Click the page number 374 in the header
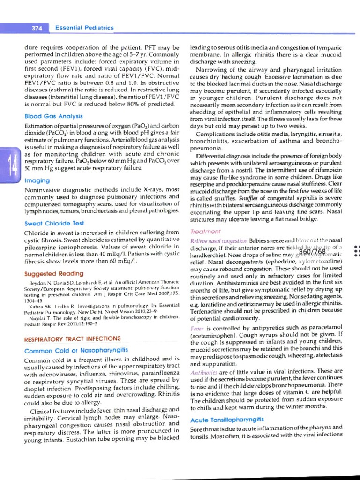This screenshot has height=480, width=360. click(37, 28)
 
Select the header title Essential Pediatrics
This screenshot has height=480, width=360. click(84, 28)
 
